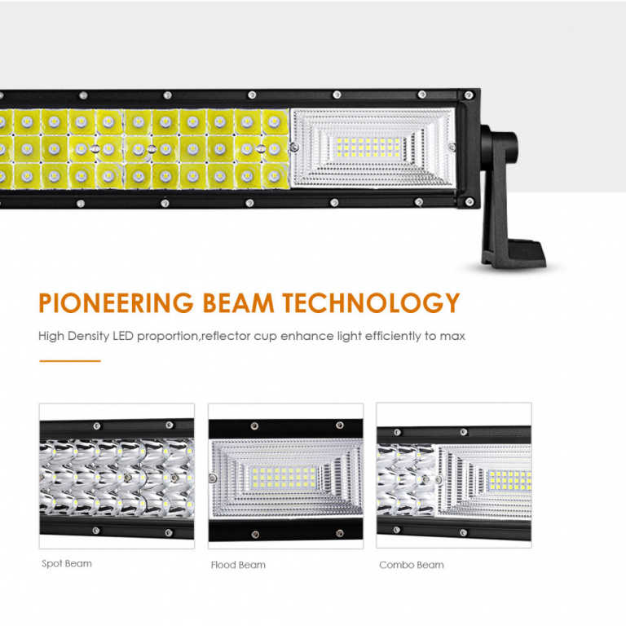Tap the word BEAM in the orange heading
click(x=238, y=302)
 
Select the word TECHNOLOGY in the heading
click(x=372, y=302)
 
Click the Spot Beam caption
click(x=67, y=563)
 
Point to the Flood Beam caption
click(x=238, y=565)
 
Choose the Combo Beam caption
click(x=411, y=565)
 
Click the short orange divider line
click(x=70, y=361)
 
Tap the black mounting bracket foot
click(x=514, y=253)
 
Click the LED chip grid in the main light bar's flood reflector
click(x=368, y=148)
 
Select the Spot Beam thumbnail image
click(x=117, y=476)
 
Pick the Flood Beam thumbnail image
click(x=286, y=476)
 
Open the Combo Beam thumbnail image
click(x=454, y=475)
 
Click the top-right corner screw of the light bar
click(x=469, y=95)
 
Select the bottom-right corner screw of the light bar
click(x=469, y=201)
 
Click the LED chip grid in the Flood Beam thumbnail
click(x=283, y=478)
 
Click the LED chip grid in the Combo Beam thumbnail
click(x=509, y=480)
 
